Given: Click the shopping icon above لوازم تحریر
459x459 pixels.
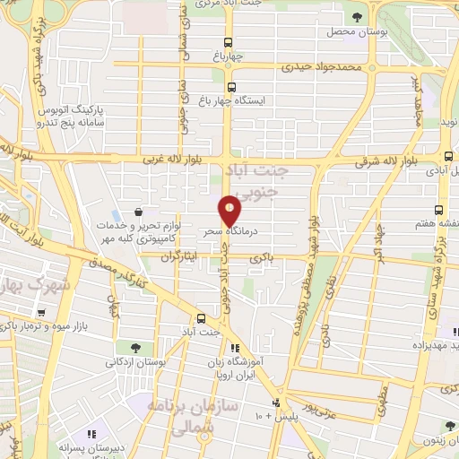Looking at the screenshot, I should pos(138,212).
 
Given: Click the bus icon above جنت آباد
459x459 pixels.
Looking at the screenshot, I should pos(202,317).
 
